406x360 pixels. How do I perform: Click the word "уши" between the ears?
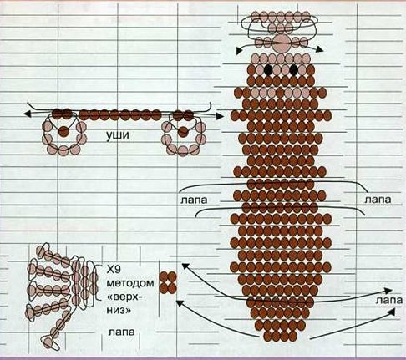click(118, 136)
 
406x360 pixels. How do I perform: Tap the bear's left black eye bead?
click(269, 70)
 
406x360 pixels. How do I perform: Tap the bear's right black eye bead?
click(293, 70)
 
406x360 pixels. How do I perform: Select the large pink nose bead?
click(282, 43)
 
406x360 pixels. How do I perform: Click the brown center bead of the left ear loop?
click(63, 131)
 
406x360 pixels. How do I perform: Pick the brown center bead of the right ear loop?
click(183, 132)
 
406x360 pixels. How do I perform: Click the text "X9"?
click(114, 269)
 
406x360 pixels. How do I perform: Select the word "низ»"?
click(119, 310)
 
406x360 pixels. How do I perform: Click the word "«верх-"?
click(124, 297)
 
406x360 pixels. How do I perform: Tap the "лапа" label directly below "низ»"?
click(121, 332)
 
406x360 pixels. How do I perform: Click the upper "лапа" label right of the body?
click(378, 200)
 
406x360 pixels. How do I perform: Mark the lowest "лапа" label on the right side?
click(389, 300)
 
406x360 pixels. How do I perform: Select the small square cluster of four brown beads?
click(168, 282)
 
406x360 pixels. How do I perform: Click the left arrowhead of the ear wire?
click(28, 114)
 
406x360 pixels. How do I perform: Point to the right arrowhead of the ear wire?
click(220, 116)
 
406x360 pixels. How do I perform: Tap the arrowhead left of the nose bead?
click(239, 51)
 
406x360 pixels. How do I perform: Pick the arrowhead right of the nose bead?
click(320, 49)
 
